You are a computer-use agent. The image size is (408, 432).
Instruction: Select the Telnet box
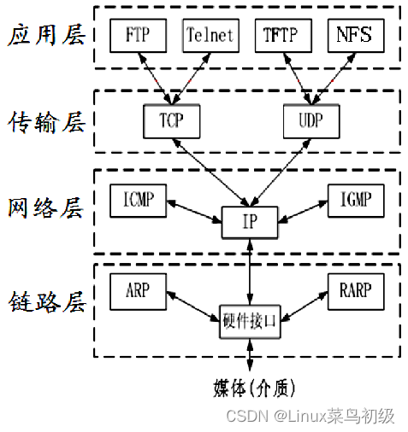[x=209, y=37]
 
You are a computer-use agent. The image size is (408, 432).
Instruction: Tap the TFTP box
[x=281, y=37]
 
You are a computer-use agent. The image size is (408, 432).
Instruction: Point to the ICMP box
[x=138, y=201]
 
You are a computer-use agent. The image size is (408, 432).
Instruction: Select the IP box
[x=249, y=223]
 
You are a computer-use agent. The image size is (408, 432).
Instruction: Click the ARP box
[x=138, y=290]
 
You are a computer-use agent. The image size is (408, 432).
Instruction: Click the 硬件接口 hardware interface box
[x=249, y=323]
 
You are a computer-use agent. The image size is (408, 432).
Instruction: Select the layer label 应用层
[x=46, y=37]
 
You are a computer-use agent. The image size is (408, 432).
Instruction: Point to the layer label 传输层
[x=46, y=121]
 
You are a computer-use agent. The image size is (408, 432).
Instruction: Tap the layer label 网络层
[x=46, y=208]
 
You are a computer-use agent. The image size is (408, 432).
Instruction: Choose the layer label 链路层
[x=46, y=301]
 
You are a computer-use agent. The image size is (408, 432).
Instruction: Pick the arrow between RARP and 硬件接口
[x=302, y=305]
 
